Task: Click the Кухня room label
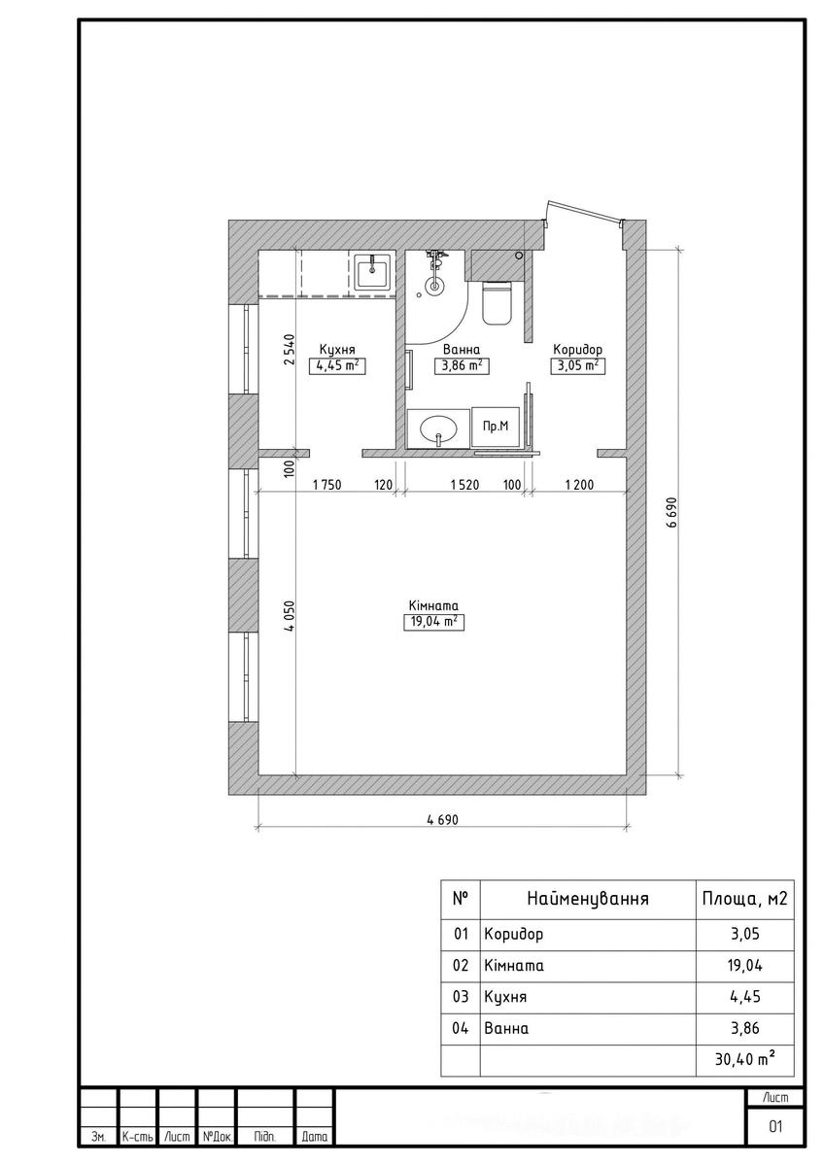[x=337, y=349]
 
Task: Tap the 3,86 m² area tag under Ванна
[x=462, y=366]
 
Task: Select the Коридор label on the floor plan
[x=577, y=349]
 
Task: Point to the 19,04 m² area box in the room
[x=433, y=622]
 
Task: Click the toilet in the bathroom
[x=497, y=302]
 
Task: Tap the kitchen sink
[x=371, y=271]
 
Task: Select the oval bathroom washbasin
[x=438, y=429]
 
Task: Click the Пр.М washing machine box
[x=496, y=427]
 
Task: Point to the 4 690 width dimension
[x=442, y=820]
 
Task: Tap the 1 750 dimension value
[x=326, y=485]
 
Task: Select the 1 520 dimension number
[x=464, y=485]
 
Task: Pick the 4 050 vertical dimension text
[x=290, y=616]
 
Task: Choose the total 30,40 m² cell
[x=744, y=1058]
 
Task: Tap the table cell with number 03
[x=461, y=996]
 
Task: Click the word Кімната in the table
[x=514, y=966]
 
